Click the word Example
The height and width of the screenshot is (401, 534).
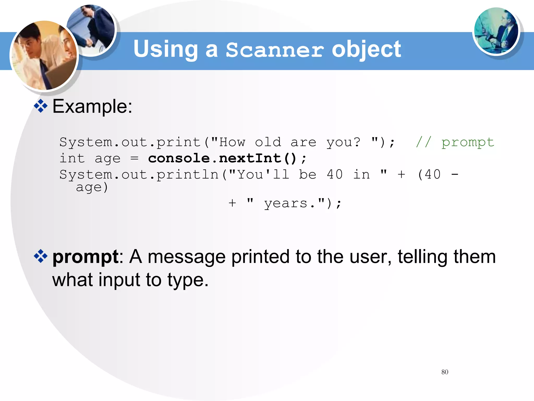click(x=92, y=107)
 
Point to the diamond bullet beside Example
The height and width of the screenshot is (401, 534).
click(x=41, y=106)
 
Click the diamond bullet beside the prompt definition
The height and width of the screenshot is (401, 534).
click(x=41, y=256)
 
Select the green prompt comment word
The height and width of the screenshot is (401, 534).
click(x=468, y=143)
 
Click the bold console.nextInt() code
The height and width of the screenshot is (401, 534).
click(x=222, y=158)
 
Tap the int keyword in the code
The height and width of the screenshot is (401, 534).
click(x=72, y=158)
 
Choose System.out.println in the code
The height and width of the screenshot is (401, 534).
click(x=139, y=174)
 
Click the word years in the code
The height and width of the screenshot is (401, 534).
click(x=286, y=204)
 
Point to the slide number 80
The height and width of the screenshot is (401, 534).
click(x=445, y=372)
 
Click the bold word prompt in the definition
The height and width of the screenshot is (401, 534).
click(x=86, y=257)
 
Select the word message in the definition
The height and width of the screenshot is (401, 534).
click(x=186, y=257)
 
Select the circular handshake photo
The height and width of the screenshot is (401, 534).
click(x=91, y=29)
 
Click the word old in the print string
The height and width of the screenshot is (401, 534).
click(x=268, y=143)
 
